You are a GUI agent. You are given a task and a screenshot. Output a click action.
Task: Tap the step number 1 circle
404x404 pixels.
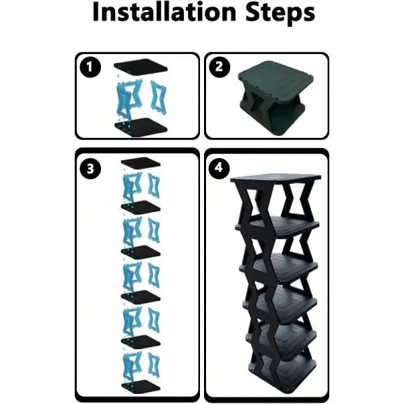click(x=88, y=67)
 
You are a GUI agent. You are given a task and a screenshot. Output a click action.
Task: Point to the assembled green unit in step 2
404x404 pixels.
click(x=269, y=98)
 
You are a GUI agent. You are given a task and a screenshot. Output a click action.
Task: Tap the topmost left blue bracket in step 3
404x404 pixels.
click(x=129, y=185)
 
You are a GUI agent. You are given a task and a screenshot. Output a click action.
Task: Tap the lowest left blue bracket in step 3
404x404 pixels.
click(x=129, y=364)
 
